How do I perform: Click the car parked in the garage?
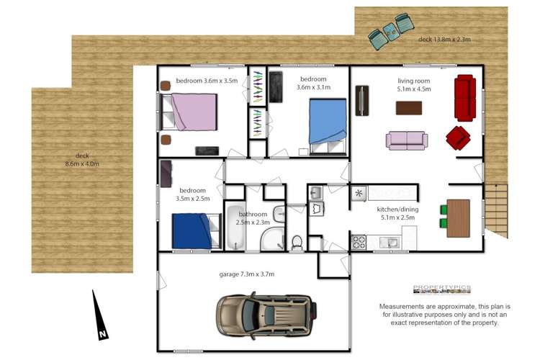click(x=266, y=315)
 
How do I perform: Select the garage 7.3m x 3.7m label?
click(x=246, y=274)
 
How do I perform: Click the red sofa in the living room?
click(x=465, y=98)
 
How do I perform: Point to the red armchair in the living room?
click(x=458, y=138)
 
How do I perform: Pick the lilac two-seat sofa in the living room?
click(x=407, y=140)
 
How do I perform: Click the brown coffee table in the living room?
click(x=409, y=108)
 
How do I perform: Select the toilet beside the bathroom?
click(x=297, y=243)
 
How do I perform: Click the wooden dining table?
click(x=458, y=218)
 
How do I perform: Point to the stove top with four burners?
click(x=359, y=242)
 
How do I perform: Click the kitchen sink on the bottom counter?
click(x=390, y=243)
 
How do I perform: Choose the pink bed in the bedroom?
click(x=189, y=112)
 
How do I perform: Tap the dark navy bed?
click(x=196, y=231)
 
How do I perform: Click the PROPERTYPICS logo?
click(x=442, y=289)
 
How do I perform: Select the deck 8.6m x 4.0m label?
click(x=82, y=160)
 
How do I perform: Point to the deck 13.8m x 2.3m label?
click(x=444, y=40)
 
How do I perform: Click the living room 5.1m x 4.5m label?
click(x=413, y=85)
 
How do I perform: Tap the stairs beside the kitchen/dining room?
click(x=496, y=210)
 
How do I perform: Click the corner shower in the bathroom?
click(x=272, y=239)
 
